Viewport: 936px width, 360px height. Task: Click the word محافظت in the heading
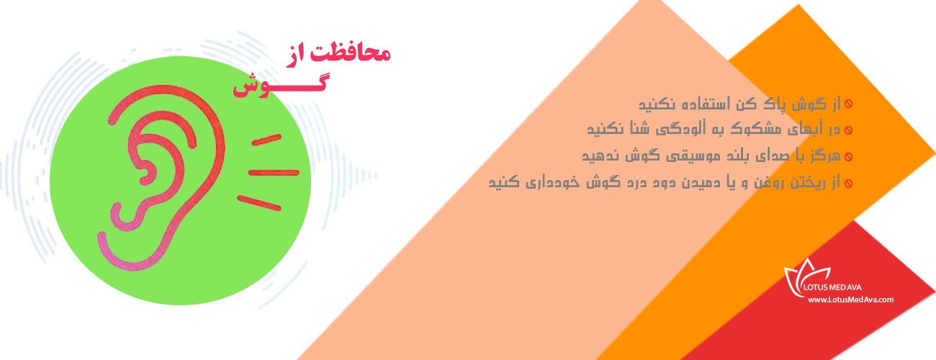pos(350,53)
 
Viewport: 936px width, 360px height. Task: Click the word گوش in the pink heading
pos(280,86)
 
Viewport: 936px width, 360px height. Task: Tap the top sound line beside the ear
pos(266,140)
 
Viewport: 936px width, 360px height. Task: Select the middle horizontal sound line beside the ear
pos(274,173)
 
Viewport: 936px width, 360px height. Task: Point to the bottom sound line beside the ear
pos(259,203)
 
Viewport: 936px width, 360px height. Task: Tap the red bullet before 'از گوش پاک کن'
pos(848,104)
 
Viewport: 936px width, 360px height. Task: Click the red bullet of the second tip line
pos(848,130)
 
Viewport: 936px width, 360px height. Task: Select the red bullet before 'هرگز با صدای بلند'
pos(848,157)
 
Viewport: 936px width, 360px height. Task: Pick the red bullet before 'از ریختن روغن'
pos(848,184)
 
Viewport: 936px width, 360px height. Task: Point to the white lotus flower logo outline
pos(804,278)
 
